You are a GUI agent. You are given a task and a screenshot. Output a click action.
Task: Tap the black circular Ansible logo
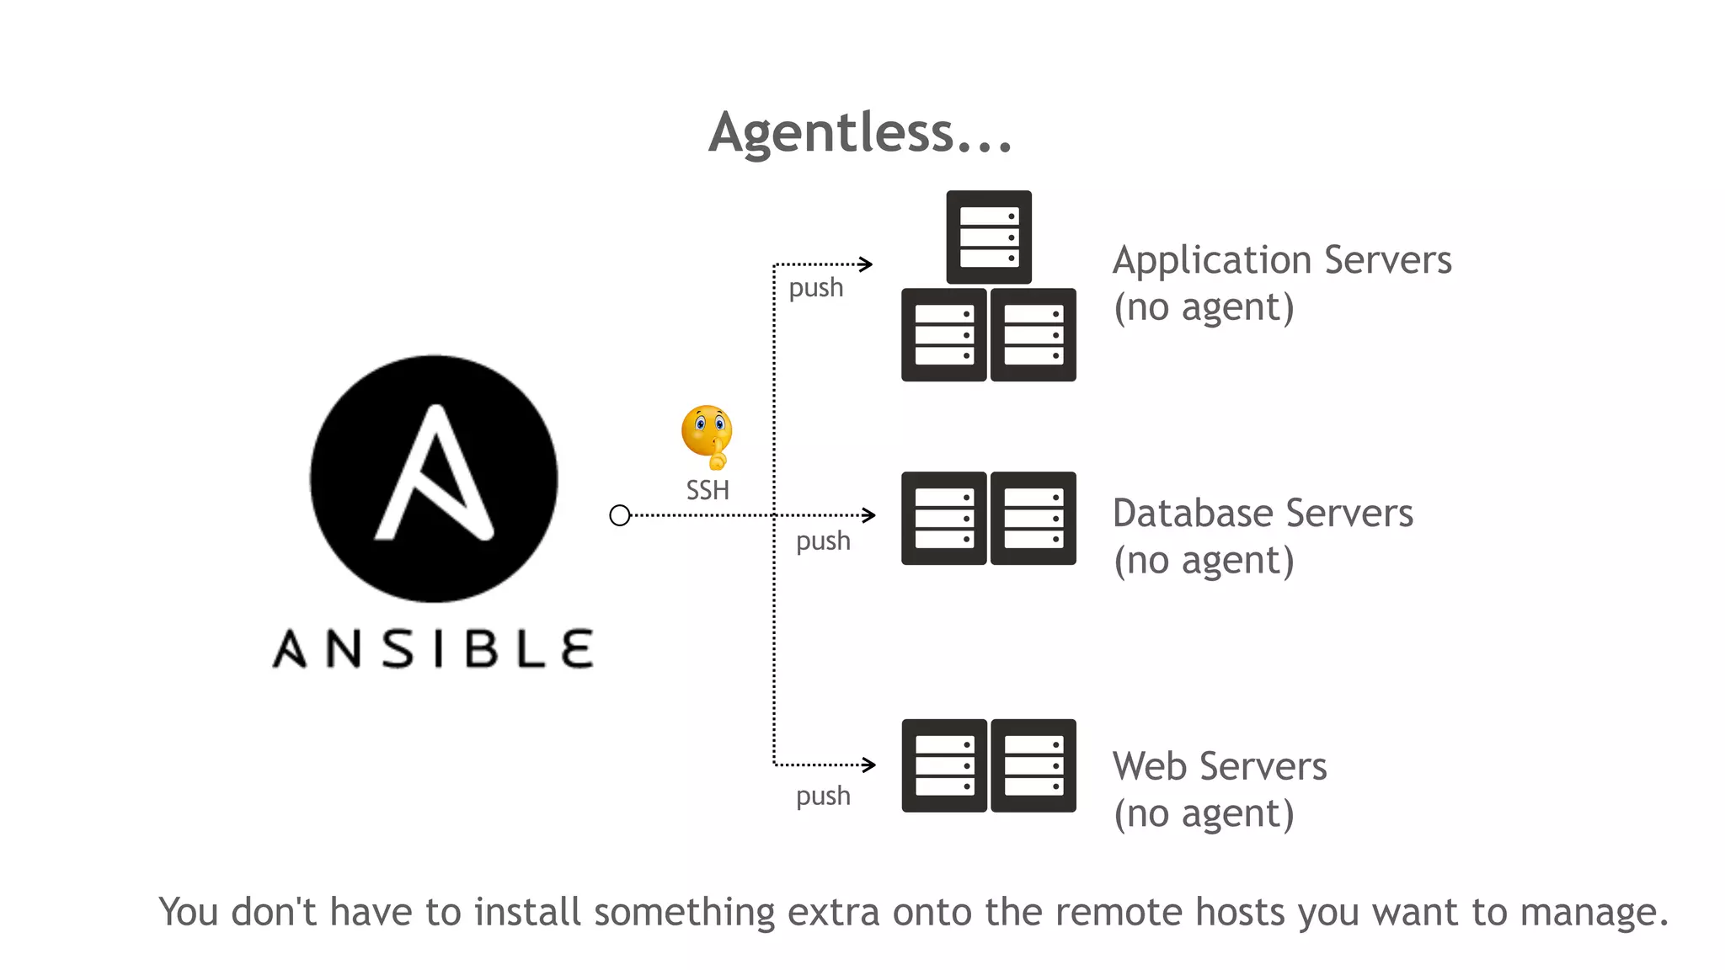[x=434, y=478]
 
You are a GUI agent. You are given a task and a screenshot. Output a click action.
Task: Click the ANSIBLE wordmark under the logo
[x=433, y=648]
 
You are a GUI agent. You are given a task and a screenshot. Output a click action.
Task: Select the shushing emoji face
[x=707, y=435]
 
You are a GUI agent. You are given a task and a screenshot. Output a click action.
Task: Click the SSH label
[x=708, y=490]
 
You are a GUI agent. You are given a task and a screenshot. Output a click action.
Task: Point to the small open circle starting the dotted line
[x=620, y=515]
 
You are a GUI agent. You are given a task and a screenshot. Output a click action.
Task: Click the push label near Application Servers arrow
[x=815, y=288]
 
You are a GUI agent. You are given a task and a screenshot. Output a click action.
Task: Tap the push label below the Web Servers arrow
[x=823, y=796]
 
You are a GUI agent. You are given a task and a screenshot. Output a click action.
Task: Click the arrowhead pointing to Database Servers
[x=868, y=515]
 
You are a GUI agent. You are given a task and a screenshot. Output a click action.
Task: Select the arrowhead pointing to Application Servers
[x=866, y=264]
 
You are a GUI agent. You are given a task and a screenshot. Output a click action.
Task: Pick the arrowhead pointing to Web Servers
[x=868, y=765]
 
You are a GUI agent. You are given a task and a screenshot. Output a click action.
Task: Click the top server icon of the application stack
[x=989, y=237]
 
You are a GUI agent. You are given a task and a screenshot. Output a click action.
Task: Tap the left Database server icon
[x=944, y=518]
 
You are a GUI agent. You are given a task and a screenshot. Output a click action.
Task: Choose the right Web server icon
[x=1033, y=765]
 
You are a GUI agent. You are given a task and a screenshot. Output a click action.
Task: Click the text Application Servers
[x=1282, y=260]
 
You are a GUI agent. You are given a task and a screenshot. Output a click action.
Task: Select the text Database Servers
[x=1263, y=514]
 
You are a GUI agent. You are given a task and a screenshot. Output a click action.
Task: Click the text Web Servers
[x=1220, y=767]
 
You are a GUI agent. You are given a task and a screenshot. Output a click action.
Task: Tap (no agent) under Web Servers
[x=1204, y=814]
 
